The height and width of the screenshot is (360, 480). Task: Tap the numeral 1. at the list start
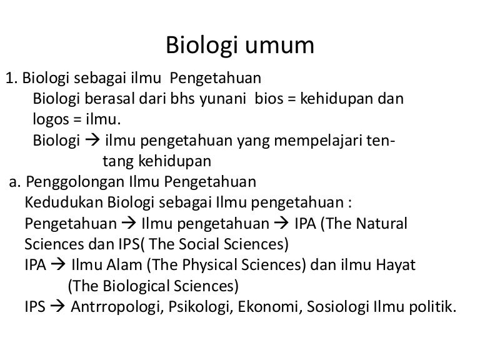[11, 79]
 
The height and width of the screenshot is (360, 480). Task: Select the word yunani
[229, 99]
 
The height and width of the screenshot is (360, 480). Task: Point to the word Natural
[382, 223]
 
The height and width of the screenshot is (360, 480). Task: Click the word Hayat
[395, 264]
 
